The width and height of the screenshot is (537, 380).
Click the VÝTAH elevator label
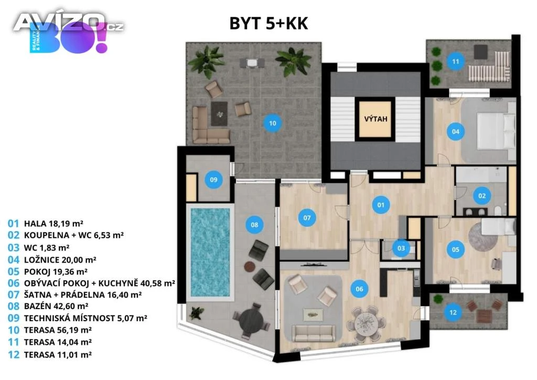(x=375, y=119)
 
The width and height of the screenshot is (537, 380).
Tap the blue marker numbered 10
(x=272, y=123)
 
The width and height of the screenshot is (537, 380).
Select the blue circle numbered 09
(x=213, y=179)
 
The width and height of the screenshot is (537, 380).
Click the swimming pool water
(x=210, y=252)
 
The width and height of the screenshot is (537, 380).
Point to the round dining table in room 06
(x=366, y=323)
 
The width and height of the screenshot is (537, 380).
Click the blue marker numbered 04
(x=456, y=132)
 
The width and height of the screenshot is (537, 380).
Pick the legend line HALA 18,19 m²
(x=45, y=224)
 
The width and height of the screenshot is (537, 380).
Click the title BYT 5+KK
(x=268, y=23)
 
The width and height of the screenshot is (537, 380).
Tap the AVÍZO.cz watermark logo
(x=69, y=22)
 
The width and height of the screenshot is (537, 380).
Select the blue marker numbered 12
(x=453, y=312)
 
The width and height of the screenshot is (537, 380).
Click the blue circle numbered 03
(x=401, y=248)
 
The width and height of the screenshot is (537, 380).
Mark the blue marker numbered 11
(x=455, y=61)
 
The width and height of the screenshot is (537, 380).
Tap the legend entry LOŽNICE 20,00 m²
(x=52, y=260)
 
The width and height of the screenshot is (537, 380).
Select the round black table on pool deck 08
(x=251, y=321)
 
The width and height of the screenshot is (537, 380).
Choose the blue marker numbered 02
(x=482, y=196)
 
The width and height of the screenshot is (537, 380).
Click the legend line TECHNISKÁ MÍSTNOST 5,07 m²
(x=78, y=318)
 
